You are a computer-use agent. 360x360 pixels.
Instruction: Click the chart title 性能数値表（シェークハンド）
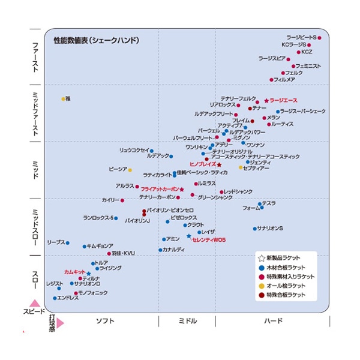point(96,41)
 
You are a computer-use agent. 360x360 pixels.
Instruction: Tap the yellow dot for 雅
point(62,99)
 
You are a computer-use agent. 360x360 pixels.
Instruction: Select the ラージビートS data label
point(301,38)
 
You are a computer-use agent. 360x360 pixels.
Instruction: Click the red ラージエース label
point(283,100)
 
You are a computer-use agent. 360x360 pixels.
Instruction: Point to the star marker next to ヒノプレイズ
point(219,164)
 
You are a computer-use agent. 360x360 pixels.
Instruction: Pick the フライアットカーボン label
point(160,189)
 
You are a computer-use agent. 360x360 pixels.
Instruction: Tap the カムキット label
point(74,272)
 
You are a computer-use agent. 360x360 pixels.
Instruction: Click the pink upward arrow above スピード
point(35,304)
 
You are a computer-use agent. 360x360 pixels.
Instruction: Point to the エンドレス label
point(68,298)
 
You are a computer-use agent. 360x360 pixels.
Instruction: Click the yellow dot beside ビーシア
point(130,170)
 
